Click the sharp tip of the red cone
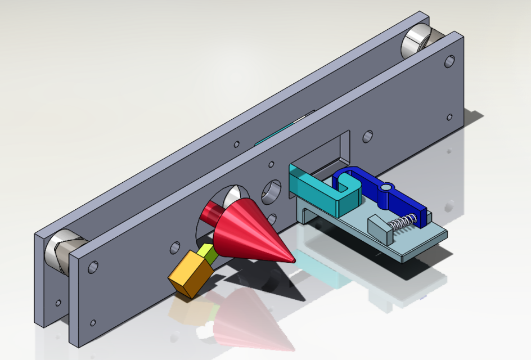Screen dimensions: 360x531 tap(292, 260)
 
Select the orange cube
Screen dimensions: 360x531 tap(191, 273)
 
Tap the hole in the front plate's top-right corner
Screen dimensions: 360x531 tap(449, 61)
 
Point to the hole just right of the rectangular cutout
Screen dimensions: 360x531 tap(367, 136)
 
